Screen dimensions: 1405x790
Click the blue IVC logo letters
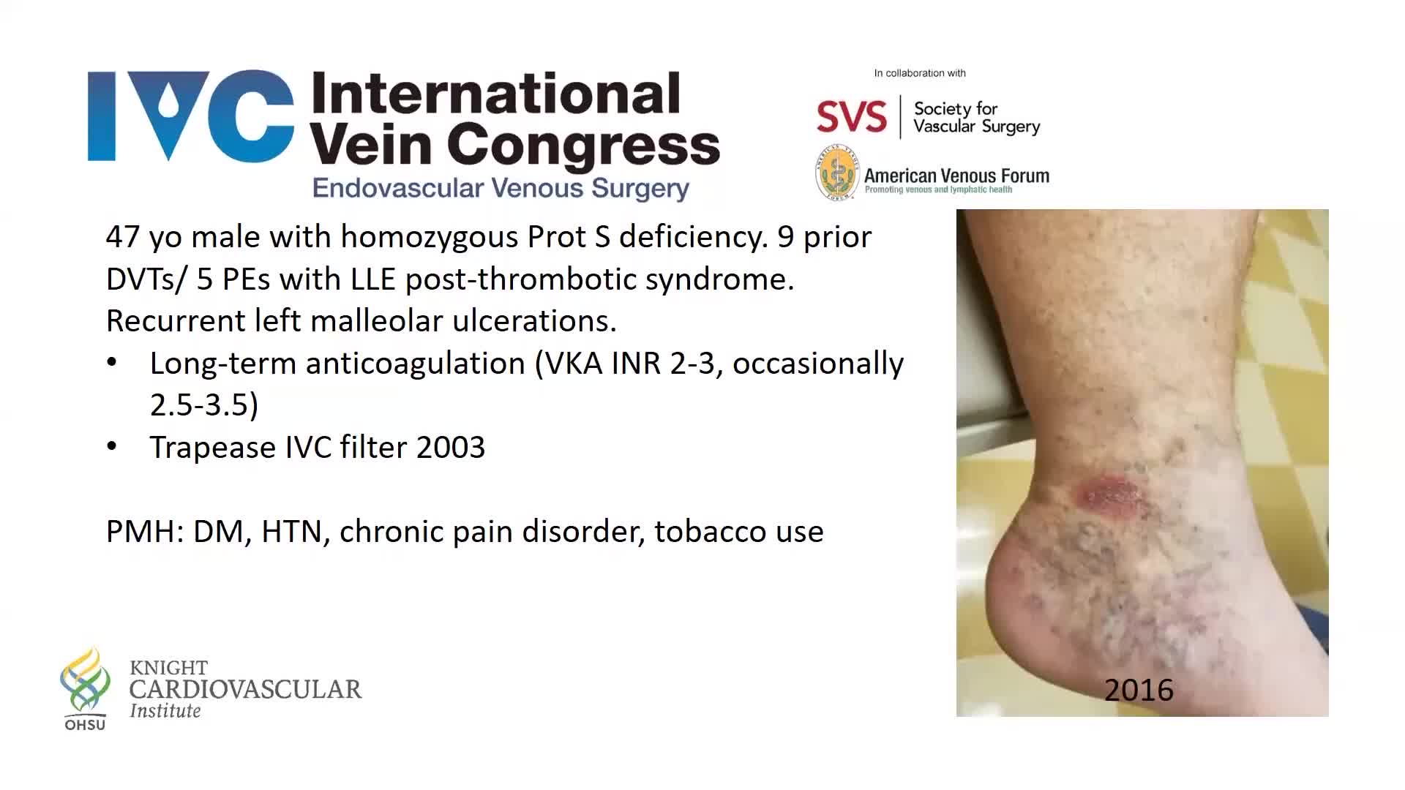tap(191, 116)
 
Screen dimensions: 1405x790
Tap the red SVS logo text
tap(852, 117)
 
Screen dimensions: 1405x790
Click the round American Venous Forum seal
tap(837, 173)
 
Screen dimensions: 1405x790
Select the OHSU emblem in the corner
tap(85, 688)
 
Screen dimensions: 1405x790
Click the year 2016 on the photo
tap(1139, 690)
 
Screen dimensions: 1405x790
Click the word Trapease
tap(212, 448)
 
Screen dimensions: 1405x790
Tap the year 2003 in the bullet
tap(450, 447)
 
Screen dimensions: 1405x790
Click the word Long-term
tap(222, 364)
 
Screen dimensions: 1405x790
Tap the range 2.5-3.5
tap(203, 405)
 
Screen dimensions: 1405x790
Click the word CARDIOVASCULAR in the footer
tap(245, 689)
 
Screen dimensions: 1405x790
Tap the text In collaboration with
tap(920, 73)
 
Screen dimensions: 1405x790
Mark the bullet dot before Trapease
tap(112, 446)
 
